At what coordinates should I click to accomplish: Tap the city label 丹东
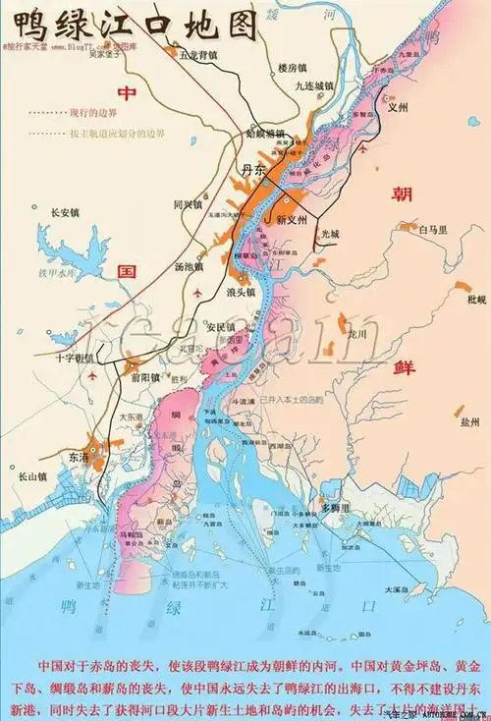(253, 171)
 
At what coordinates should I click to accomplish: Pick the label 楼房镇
(293, 68)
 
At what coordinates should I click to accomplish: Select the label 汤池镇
(188, 266)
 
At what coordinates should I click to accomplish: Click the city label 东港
(80, 457)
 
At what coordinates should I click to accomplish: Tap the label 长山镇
(32, 476)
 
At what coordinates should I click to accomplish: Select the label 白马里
(432, 229)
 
